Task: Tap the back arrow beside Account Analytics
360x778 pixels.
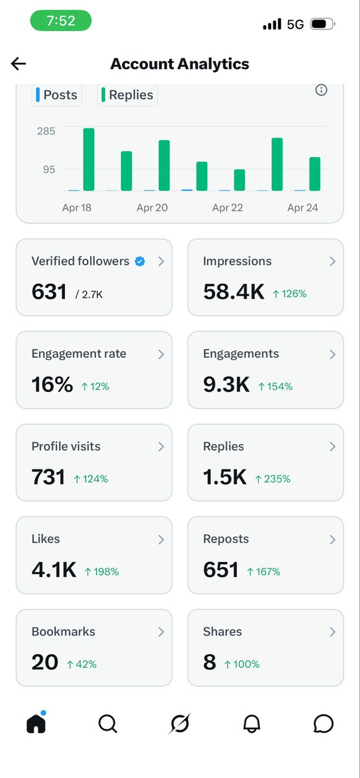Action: [x=18, y=63]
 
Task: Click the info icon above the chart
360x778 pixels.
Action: [x=321, y=90]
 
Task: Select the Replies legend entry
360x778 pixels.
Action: [x=127, y=95]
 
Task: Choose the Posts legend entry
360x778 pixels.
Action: [x=56, y=95]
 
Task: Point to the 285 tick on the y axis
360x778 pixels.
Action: [x=45, y=132]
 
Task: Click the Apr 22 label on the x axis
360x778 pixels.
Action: [x=227, y=208]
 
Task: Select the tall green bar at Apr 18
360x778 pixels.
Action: [x=89, y=159]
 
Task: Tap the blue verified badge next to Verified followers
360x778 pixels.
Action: [x=139, y=261]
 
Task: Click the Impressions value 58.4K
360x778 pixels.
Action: [x=234, y=292]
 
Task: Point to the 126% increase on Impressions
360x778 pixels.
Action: [x=289, y=294]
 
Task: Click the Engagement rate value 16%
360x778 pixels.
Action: [x=52, y=384]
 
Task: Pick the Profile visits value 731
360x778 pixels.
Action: [x=48, y=477]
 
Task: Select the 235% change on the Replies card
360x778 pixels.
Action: [x=272, y=479]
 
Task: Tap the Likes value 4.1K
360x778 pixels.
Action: [x=53, y=570]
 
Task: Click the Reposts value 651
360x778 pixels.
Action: [x=221, y=570]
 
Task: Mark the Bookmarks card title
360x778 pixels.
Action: [x=63, y=631]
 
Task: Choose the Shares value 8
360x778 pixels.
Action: [x=210, y=663]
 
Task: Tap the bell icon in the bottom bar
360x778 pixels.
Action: [x=252, y=724]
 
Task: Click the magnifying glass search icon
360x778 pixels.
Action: [x=108, y=724]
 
